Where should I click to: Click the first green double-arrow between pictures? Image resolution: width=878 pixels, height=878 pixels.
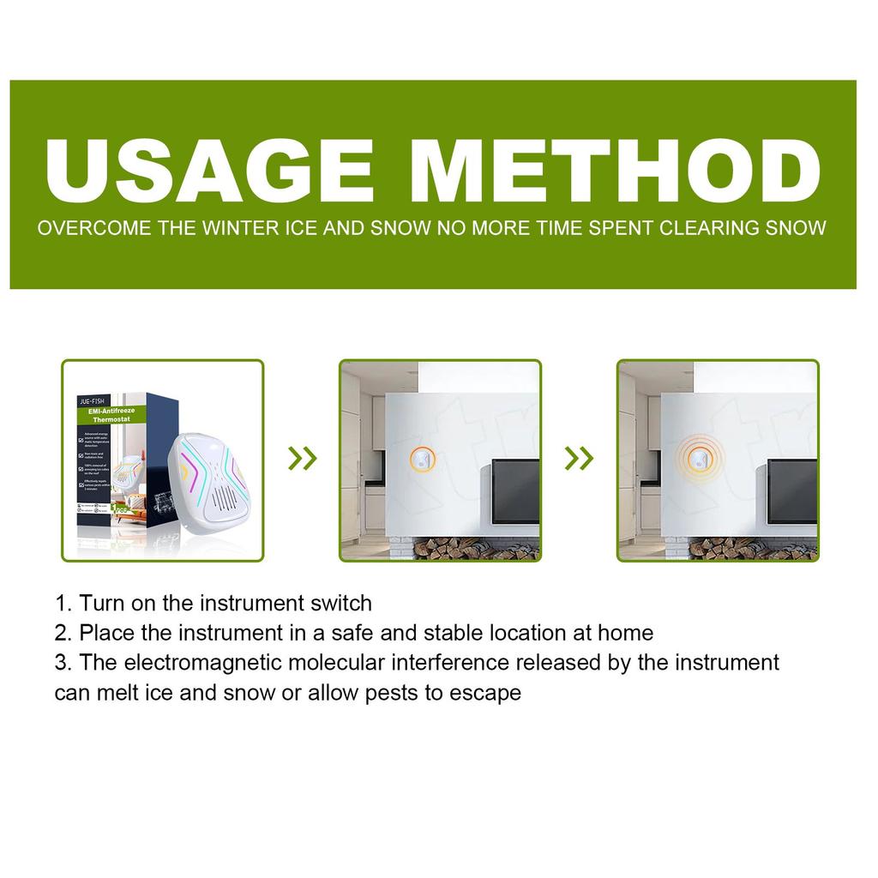[302, 459]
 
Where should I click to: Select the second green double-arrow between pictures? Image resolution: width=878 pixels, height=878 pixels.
[580, 459]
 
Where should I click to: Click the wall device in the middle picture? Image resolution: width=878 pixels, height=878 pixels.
[421, 460]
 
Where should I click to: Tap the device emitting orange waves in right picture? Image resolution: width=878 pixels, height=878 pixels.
[699, 460]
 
